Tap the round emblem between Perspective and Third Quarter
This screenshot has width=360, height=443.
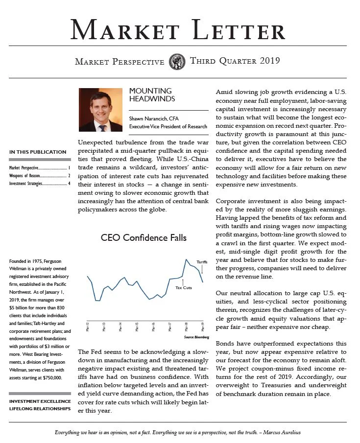(x=177, y=62)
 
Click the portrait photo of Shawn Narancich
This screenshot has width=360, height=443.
(x=100, y=110)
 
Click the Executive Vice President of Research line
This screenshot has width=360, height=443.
(x=168, y=127)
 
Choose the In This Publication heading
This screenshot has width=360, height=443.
(x=38, y=152)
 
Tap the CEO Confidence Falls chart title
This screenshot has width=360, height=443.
(x=144, y=238)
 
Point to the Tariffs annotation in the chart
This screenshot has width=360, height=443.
(x=202, y=262)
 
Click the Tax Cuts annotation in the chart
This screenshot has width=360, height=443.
(x=184, y=287)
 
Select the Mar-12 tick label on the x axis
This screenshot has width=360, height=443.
(x=88, y=327)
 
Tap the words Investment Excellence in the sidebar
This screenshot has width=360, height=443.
(x=39, y=401)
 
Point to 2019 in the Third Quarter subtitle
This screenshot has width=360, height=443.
(x=270, y=61)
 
